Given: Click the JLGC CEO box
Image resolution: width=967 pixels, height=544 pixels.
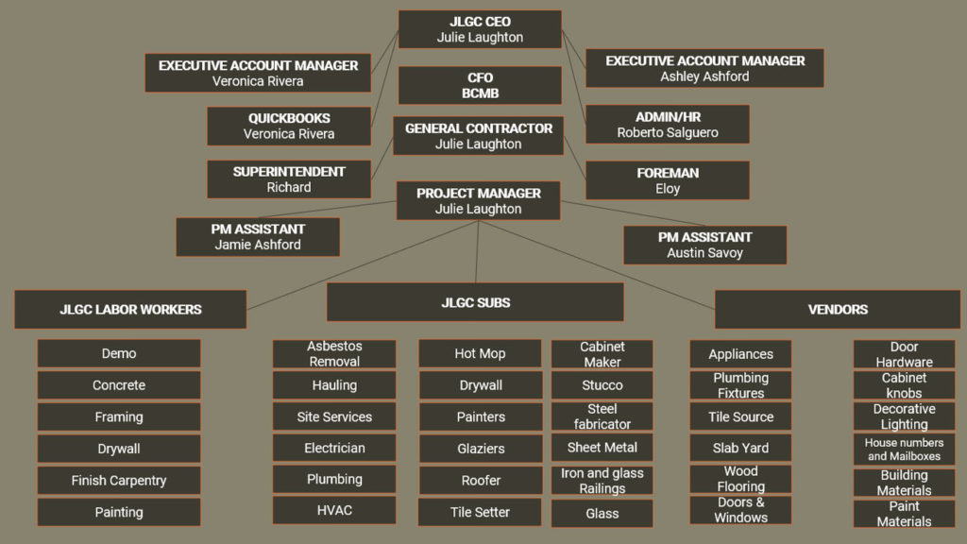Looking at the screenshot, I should pyautogui.click(x=480, y=29).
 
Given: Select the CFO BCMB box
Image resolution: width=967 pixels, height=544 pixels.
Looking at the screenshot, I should pyautogui.click(x=480, y=85).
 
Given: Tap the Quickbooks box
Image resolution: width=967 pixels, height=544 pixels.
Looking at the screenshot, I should pyautogui.click(x=289, y=126).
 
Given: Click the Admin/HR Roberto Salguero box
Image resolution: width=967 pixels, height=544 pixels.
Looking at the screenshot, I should pyautogui.click(x=668, y=124).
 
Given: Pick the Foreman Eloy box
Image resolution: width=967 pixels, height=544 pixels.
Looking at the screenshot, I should pyautogui.click(x=668, y=180).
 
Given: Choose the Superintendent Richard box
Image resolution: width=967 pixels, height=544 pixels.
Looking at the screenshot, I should pyautogui.click(x=289, y=179).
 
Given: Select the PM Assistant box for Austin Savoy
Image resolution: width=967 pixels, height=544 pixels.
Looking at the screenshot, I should pyautogui.click(x=704, y=245).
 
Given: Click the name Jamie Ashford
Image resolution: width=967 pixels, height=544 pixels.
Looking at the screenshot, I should pyautogui.click(x=258, y=245).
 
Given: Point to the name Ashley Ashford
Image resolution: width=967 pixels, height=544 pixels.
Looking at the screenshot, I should pyautogui.click(x=704, y=76).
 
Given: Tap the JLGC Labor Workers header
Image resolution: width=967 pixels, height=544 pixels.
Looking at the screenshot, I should pyautogui.click(x=130, y=309).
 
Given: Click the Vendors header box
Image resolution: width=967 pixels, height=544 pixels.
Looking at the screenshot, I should pyautogui.click(x=838, y=309).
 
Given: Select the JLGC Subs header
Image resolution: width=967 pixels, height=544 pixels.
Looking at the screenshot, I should pyautogui.click(x=475, y=302).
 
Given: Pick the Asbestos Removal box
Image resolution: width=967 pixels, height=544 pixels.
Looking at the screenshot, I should pyautogui.click(x=334, y=354).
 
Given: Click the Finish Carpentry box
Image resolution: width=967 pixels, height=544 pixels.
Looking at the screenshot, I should pyautogui.click(x=119, y=480).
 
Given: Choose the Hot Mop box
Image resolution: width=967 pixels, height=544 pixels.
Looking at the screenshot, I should pyautogui.click(x=480, y=353).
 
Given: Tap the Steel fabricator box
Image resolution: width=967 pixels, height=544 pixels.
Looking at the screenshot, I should pyautogui.click(x=602, y=416).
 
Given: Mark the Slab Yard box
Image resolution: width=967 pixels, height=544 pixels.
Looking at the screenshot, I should pyautogui.click(x=740, y=448).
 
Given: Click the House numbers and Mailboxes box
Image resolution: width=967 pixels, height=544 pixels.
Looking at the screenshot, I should pyautogui.click(x=904, y=450).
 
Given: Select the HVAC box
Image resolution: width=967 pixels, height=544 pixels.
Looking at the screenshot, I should pyautogui.click(x=334, y=510).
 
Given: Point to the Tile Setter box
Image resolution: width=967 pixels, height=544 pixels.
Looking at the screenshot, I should pyautogui.click(x=480, y=512).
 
